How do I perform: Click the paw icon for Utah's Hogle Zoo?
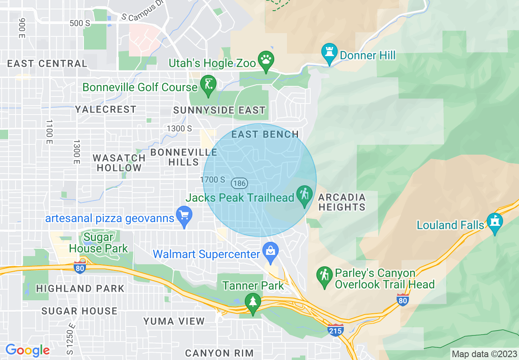coord(266,59)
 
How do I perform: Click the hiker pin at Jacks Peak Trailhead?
coord(304,193)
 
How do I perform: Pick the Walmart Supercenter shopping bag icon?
coord(270,250)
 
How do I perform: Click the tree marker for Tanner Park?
coord(253,301)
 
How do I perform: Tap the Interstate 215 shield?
coord(335,330)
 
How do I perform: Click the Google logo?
coord(27,350)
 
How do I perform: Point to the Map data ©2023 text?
coord(484,354)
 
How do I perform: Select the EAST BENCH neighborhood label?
coord(265,134)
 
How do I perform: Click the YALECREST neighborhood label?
coord(106,109)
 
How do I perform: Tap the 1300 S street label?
coord(179,128)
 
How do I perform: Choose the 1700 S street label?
coord(212,180)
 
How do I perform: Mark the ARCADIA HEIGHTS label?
coord(342,202)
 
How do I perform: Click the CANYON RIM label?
coord(219,353)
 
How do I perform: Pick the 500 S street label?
coord(80,23)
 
